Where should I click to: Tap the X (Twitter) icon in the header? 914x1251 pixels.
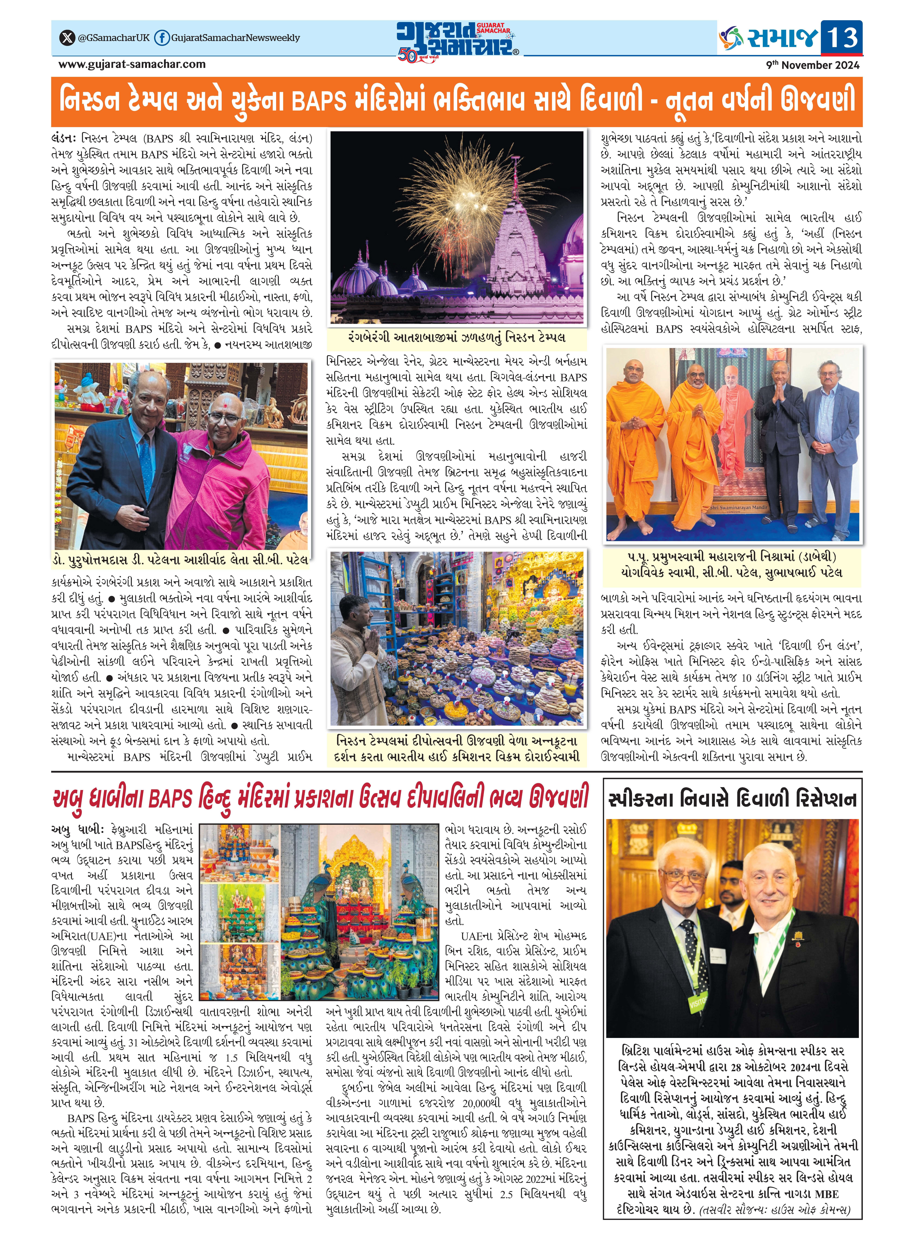click(x=67, y=38)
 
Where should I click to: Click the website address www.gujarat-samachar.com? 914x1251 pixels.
click(x=132, y=64)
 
